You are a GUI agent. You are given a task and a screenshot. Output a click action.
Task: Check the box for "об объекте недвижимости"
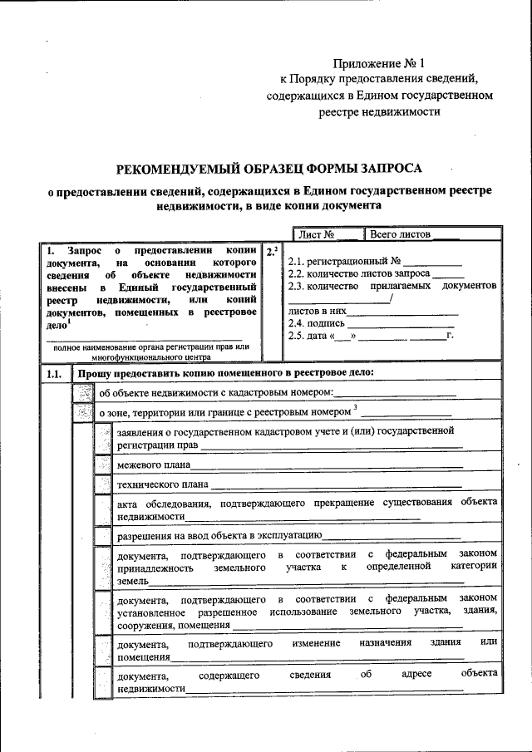coord(84,392)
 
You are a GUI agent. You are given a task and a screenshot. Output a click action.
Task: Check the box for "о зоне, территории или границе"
coord(84,410)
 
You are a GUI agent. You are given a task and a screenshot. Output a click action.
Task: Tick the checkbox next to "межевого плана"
coord(103,464)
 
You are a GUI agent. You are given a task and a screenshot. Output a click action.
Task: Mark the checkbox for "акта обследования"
coord(103,509)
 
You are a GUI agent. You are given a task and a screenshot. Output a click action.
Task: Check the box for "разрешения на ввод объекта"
coord(103,536)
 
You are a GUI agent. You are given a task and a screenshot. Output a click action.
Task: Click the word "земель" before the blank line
coord(133,582)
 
